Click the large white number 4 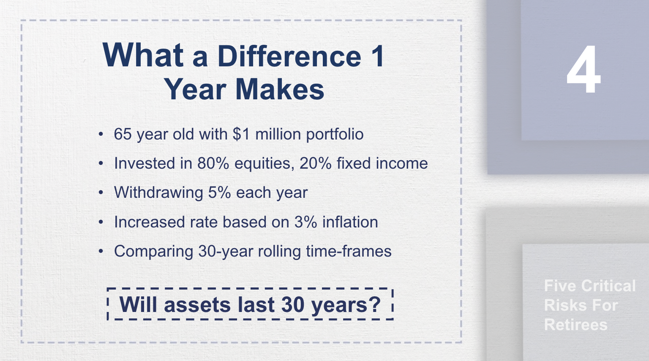(x=584, y=70)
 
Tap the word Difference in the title (x=289, y=56)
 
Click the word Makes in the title (x=280, y=90)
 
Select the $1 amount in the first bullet (x=241, y=134)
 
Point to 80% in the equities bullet (x=213, y=164)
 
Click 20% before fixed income (x=315, y=164)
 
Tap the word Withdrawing (x=158, y=193)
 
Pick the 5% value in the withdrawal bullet (x=219, y=193)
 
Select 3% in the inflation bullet (x=305, y=222)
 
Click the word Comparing (x=153, y=252)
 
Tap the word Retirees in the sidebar (x=575, y=325)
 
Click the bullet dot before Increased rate (x=101, y=222)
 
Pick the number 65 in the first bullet (x=123, y=134)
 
